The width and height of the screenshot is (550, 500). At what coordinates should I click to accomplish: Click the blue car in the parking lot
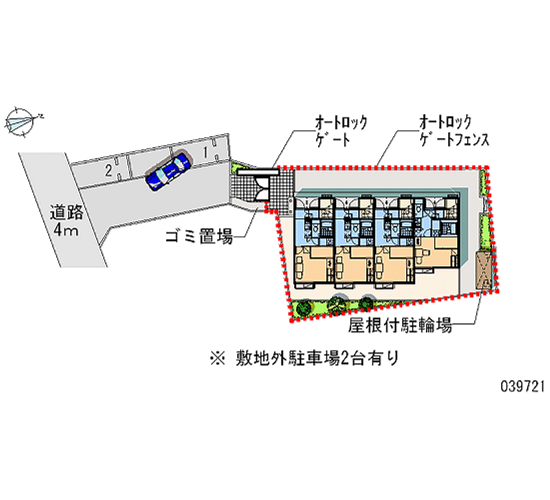click(x=168, y=171)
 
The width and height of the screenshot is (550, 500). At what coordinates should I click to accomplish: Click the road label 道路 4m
click(x=67, y=221)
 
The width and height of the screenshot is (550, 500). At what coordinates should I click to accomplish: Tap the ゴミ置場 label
click(x=199, y=236)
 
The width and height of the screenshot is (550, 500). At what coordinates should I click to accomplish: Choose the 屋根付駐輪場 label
click(x=400, y=325)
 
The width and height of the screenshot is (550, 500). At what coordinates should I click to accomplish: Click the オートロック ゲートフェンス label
click(x=454, y=131)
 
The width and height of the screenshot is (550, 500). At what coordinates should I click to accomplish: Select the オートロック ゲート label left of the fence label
click(x=341, y=131)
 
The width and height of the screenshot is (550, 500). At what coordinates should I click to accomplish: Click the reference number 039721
click(x=522, y=387)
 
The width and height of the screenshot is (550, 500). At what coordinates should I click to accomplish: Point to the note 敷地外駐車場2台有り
click(x=318, y=358)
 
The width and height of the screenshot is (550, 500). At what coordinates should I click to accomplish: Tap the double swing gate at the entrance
click(x=261, y=188)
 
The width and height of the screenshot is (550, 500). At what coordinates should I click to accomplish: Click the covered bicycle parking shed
click(x=484, y=270)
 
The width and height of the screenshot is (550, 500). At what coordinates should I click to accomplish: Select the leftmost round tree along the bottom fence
click(x=304, y=307)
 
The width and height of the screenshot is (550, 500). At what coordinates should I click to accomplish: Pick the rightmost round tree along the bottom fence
click(x=366, y=302)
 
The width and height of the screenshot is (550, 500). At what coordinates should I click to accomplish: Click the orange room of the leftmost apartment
click(x=313, y=264)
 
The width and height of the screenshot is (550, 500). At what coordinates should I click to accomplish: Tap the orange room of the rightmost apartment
click(x=437, y=251)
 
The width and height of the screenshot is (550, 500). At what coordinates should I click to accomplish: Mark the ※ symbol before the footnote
click(x=217, y=358)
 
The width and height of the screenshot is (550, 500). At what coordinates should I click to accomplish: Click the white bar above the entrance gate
click(x=258, y=172)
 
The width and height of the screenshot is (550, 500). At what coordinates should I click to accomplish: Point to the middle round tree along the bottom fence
click(x=336, y=303)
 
